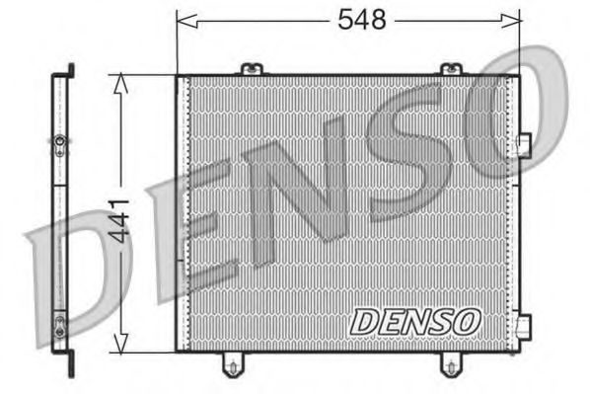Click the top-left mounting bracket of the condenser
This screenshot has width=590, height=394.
[252, 69]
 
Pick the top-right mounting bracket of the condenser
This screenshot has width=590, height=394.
[450, 69]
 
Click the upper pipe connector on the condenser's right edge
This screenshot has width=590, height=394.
[523, 144]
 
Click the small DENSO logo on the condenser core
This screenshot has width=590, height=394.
[414, 321]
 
